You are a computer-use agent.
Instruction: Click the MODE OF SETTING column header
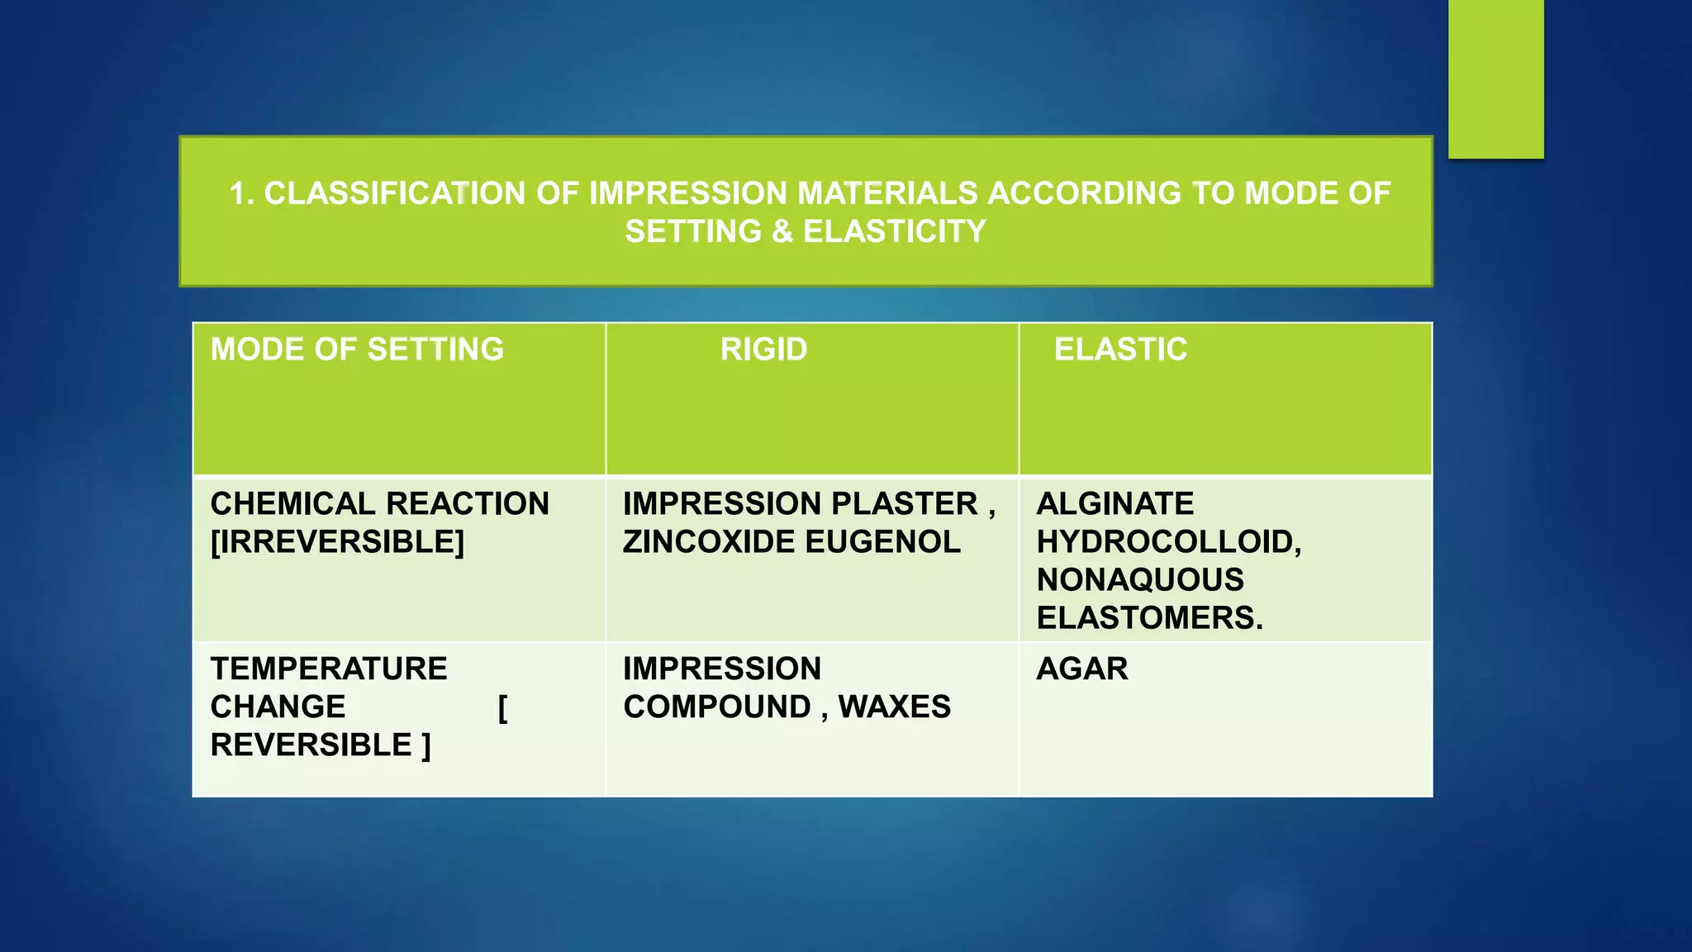click(x=357, y=350)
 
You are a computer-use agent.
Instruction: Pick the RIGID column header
click(x=763, y=350)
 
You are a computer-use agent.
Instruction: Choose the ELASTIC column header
click(x=1120, y=350)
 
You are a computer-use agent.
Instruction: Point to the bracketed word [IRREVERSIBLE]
click(x=337, y=541)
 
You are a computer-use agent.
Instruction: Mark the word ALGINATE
click(x=1115, y=503)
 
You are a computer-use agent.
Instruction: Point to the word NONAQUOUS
click(x=1140, y=579)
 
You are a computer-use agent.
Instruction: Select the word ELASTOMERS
click(x=1148, y=617)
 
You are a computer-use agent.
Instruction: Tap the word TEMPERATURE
click(x=329, y=669)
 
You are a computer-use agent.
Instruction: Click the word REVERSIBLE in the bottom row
click(x=311, y=745)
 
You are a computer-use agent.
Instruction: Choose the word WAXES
click(x=895, y=707)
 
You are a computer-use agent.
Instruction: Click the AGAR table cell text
click(x=1082, y=669)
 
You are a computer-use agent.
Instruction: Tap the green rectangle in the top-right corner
click(x=1495, y=79)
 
